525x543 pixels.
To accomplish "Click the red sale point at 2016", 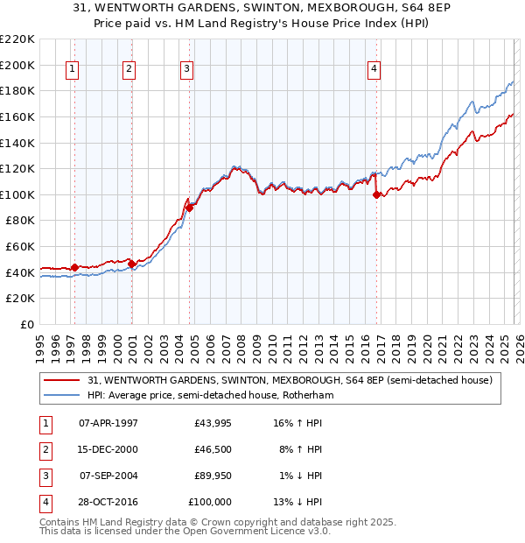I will [x=377, y=195].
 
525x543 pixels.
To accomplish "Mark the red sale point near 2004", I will [x=190, y=208].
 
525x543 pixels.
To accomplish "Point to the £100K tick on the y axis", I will [x=18, y=194].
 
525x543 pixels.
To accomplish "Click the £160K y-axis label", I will [x=18, y=116].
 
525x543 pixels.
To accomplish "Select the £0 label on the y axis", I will [x=26, y=324].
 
